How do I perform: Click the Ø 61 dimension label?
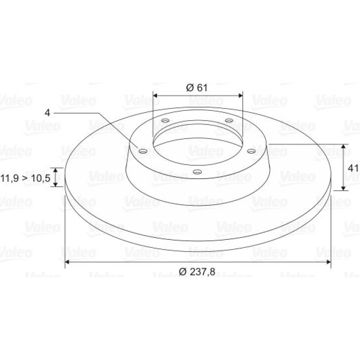pyautogui.click(x=196, y=88)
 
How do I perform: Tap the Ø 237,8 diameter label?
pyautogui.click(x=197, y=272)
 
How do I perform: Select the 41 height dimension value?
pyautogui.click(x=353, y=168)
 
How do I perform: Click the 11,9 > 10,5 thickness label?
pyautogui.click(x=25, y=178)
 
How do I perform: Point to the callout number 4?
pyautogui.click(x=47, y=113)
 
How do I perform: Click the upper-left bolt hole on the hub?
pyautogui.click(x=166, y=120)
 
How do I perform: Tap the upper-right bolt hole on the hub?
pyautogui.click(x=229, y=120)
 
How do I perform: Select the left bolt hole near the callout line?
pyautogui.click(x=143, y=151)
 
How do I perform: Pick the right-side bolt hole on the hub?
pyautogui.click(x=251, y=151)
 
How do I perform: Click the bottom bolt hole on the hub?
pyautogui.click(x=197, y=172)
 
